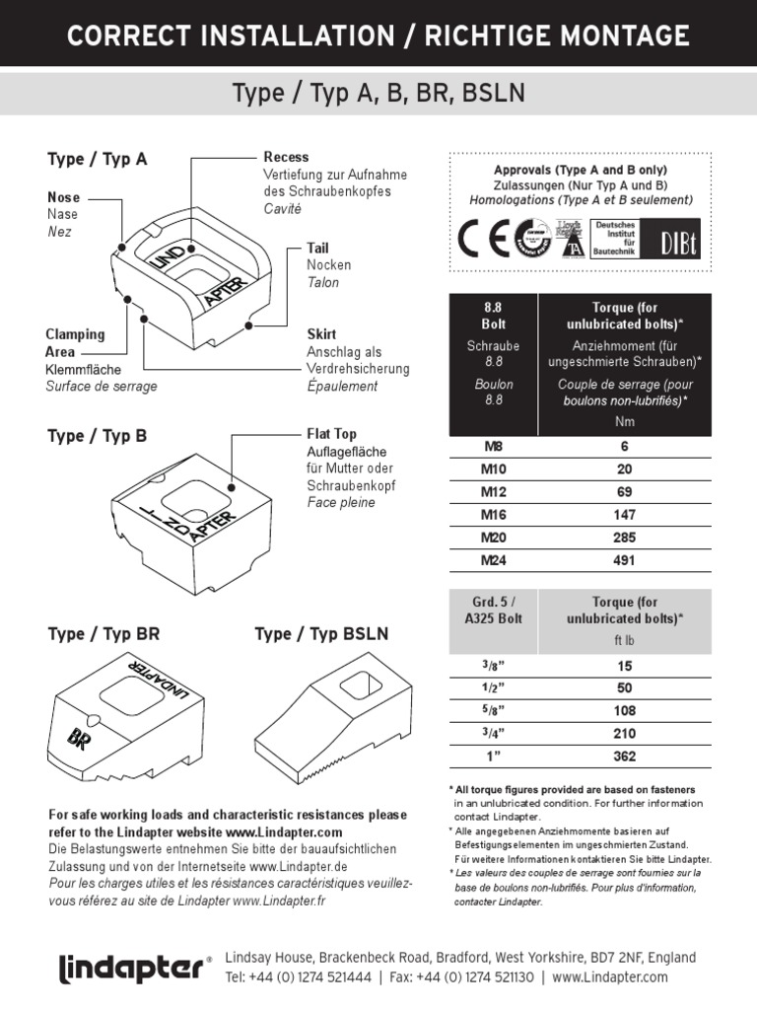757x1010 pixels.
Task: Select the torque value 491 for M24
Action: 623,560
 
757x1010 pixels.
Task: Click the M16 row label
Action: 493,514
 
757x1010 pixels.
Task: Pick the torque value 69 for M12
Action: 623,491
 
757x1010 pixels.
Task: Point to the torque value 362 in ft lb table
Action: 623,757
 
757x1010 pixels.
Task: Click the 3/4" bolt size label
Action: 493,733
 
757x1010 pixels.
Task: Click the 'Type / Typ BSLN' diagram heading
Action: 321,634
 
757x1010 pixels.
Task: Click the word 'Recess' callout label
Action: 286,157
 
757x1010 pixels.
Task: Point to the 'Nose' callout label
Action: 63,197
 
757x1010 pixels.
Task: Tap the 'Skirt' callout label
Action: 321,334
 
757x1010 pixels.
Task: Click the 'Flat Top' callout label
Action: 331,434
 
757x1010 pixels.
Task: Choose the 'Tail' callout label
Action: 317,249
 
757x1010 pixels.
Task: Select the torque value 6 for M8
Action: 623,446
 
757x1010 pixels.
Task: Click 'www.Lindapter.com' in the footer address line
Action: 610,976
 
